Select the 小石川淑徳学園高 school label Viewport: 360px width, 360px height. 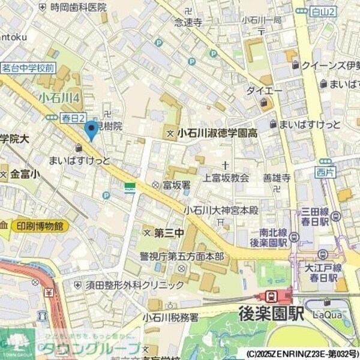(217, 134)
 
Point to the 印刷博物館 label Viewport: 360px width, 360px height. (40, 226)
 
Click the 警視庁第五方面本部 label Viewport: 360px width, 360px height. (182, 257)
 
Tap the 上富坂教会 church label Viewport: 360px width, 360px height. (226, 178)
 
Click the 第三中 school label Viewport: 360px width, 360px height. (168, 231)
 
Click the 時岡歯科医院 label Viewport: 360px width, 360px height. (78, 7)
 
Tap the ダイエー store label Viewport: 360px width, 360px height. (264, 91)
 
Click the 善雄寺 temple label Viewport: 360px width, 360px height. (277, 178)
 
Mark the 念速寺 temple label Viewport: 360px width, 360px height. (188, 22)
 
